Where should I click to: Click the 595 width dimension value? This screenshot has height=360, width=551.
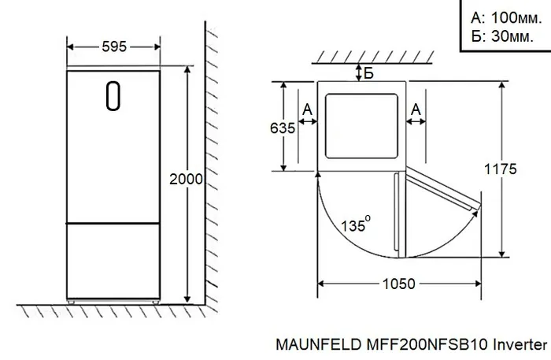[x=114, y=46]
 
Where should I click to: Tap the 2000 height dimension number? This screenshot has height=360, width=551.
[x=187, y=180]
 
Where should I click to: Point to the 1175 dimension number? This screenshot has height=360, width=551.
[x=501, y=169]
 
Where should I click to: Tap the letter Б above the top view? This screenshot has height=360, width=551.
[x=368, y=74]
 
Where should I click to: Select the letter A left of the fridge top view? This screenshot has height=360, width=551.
[x=307, y=108]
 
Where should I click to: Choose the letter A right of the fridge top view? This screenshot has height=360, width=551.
[x=416, y=108]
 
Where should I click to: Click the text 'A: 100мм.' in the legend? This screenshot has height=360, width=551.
[x=501, y=17]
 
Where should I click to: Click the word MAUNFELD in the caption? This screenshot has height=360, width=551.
[x=309, y=345]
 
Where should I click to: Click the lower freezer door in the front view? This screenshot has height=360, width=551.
[x=113, y=259]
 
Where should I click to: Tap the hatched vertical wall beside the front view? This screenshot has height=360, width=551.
[x=213, y=158]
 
